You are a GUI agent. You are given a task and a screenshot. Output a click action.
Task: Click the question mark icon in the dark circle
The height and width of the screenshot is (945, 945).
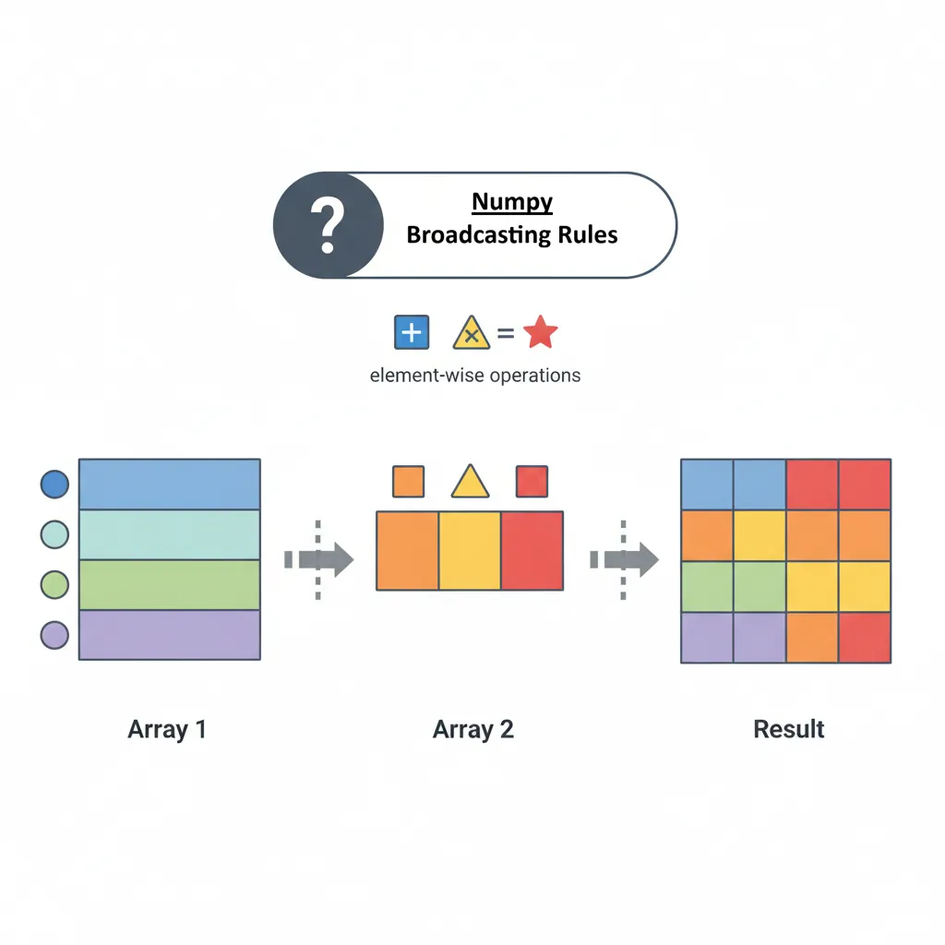(328, 224)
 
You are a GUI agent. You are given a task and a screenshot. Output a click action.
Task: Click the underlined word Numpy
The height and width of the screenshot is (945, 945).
(512, 202)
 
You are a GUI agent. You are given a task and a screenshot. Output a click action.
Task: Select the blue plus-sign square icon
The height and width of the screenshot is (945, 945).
(412, 332)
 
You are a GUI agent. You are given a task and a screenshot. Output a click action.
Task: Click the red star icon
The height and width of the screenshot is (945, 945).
(540, 332)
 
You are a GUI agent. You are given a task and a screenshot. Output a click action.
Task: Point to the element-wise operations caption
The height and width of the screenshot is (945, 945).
(474, 376)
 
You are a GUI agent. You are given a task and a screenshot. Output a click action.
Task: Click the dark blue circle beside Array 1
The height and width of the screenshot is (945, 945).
(55, 484)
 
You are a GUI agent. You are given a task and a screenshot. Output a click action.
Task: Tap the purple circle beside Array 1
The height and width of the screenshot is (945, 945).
(55, 635)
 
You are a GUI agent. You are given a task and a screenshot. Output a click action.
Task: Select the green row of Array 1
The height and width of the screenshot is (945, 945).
(169, 584)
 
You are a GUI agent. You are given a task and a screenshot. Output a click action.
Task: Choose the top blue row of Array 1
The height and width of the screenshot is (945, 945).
(169, 484)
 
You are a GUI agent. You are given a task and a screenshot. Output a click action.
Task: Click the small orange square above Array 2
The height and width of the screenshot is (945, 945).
(408, 482)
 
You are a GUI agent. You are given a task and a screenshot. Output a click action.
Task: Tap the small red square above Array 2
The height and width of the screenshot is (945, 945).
(532, 482)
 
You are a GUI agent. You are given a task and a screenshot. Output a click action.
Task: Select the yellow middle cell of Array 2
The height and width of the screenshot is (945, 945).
(469, 551)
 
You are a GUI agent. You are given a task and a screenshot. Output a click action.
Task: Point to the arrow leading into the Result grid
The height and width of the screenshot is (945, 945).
(626, 559)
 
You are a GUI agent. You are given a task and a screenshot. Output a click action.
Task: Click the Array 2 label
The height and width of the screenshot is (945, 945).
(472, 729)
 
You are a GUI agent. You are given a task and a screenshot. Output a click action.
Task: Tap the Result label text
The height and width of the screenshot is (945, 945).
(789, 729)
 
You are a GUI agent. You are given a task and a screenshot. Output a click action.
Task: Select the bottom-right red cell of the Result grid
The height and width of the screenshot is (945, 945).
(865, 637)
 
